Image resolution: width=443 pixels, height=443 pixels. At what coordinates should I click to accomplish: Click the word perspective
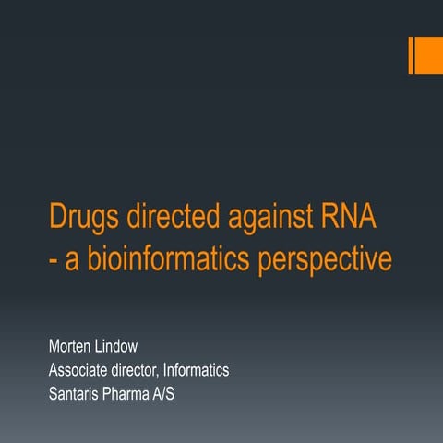coord(321,260)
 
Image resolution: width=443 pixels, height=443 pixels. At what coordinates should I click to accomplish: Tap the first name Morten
coord(72,346)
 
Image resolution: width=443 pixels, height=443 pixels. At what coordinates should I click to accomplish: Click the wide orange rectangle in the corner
coord(428,55)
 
